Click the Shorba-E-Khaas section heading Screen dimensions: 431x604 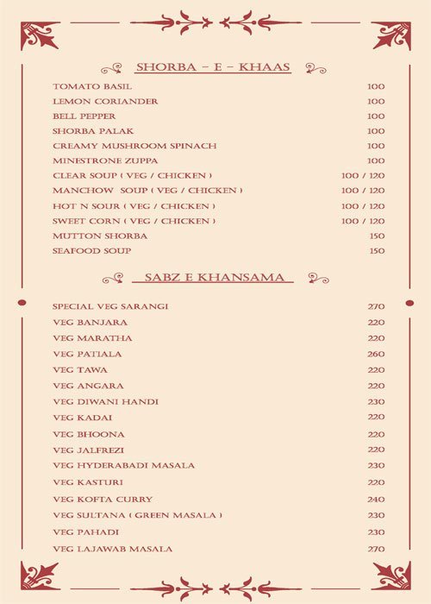point(212,67)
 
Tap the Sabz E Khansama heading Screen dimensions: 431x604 point(213,278)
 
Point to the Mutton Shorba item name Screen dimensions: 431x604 point(88,236)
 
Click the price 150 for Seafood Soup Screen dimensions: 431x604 point(376,251)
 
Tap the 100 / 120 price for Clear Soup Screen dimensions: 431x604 point(362,176)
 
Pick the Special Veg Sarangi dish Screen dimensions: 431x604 point(109,306)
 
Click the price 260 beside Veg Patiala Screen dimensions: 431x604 point(376,354)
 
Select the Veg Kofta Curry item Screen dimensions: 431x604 point(103,500)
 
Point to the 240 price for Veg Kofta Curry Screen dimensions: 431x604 point(376,500)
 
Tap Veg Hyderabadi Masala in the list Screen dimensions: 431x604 point(123,466)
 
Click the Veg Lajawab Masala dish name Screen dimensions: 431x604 point(112,549)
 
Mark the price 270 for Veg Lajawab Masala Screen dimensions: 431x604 point(376,549)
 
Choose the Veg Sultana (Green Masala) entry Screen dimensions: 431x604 point(137,515)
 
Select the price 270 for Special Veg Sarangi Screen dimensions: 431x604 point(376,306)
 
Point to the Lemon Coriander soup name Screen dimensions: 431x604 point(93,101)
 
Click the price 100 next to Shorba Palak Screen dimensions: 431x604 point(376,131)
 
